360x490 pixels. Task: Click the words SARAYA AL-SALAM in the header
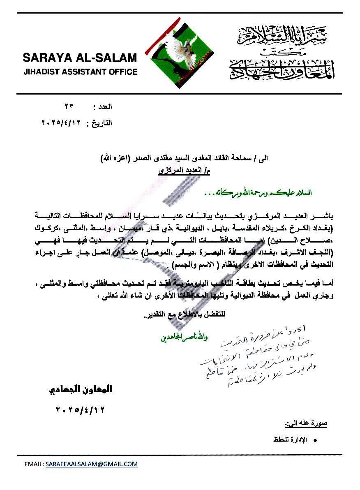pyautogui.click(x=80, y=57)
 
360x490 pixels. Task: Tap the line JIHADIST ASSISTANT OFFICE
pyautogui.click(x=80, y=72)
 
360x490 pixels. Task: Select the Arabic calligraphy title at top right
pyautogui.click(x=281, y=52)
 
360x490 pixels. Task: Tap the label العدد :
pyautogui.click(x=103, y=107)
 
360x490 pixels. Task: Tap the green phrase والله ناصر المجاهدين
pyautogui.click(x=185, y=338)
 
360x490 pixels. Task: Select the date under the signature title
pyautogui.click(x=79, y=409)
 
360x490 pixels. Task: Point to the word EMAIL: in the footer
pyautogui.click(x=34, y=464)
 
